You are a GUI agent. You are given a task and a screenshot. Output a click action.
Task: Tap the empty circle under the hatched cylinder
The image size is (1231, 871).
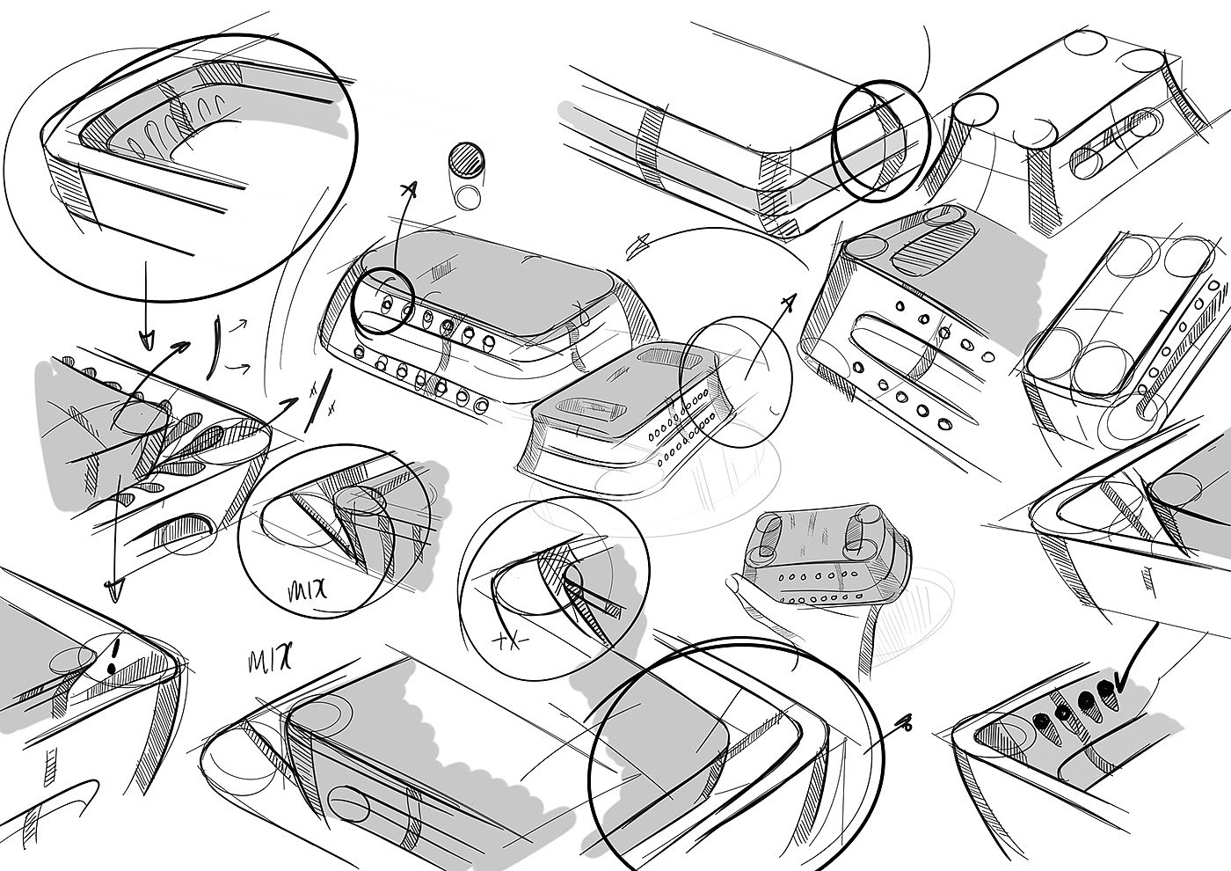coord(468,195)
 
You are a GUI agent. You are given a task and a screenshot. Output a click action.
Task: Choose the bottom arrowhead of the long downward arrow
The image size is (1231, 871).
coord(112,590)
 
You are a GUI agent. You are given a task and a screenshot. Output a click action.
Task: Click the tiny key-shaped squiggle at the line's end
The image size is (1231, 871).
coord(906,724)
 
